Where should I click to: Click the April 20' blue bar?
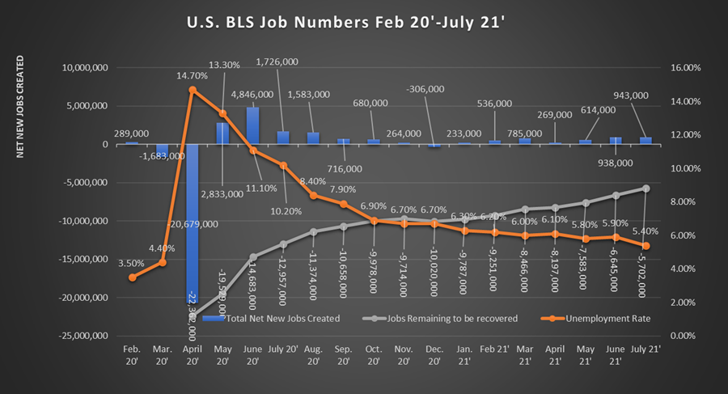click(x=192, y=227)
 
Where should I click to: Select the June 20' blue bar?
click(x=252, y=125)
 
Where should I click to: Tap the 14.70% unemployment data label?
click(x=191, y=74)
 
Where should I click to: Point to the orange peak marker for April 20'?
click(x=193, y=90)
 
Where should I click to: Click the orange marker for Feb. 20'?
click(x=132, y=277)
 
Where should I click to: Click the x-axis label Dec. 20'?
click(x=434, y=354)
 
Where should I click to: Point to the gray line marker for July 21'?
click(x=645, y=189)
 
